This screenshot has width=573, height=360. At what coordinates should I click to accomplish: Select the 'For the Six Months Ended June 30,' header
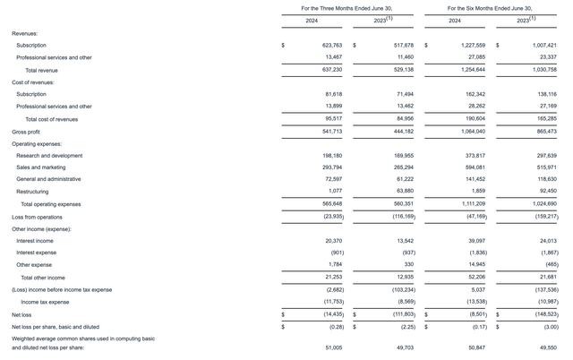pos(491,7)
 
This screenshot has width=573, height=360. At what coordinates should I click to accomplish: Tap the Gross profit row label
pos(27,131)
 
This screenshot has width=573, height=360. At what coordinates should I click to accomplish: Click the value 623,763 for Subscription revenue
pos(315,44)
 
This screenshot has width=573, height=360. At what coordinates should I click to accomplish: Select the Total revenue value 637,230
pos(315,69)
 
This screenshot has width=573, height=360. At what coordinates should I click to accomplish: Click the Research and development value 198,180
pos(315,155)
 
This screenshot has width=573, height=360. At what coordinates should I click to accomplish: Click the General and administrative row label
pos(52,179)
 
